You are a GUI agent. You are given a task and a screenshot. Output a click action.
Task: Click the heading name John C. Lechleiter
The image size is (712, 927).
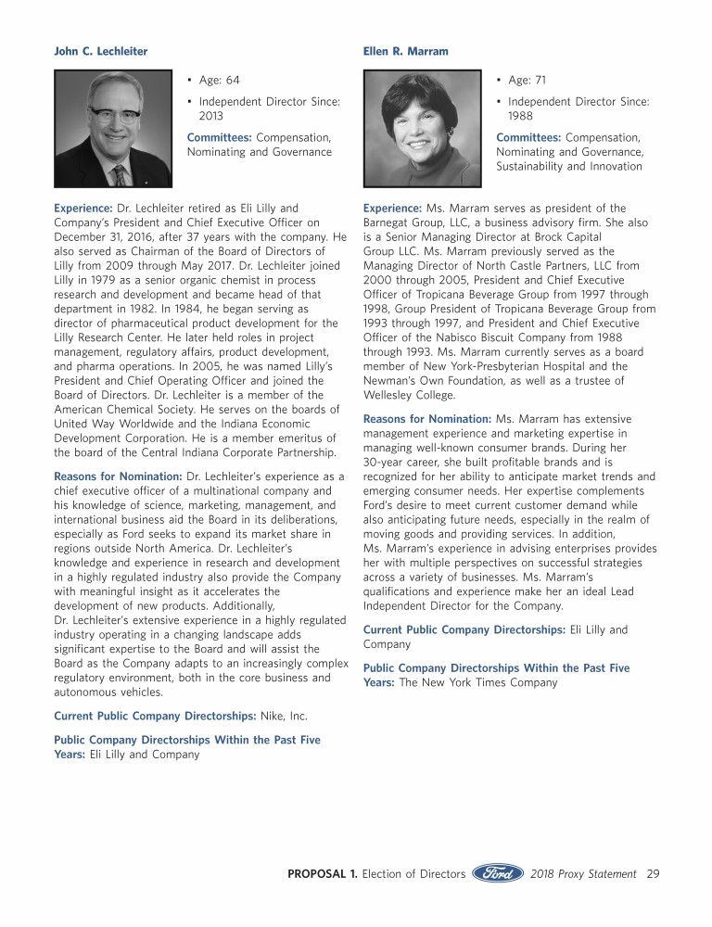pyautogui.click(x=100, y=52)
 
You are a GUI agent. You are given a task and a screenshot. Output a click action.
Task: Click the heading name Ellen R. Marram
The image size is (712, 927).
pyautogui.click(x=405, y=52)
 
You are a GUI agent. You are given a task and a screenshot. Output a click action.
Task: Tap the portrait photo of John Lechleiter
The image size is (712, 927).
pyautogui.click(x=113, y=129)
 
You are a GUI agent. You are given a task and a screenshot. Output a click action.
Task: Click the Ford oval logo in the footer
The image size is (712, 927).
pyautogui.click(x=498, y=873)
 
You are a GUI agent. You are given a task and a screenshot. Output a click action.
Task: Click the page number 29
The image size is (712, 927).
pyautogui.click(x=653, y=873)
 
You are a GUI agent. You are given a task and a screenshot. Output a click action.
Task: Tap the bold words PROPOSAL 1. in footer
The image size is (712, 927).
pyautogui.click(x=322, y=873)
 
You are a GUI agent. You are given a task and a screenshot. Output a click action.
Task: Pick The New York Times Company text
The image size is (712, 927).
pyautogui.click(x=478, y=682)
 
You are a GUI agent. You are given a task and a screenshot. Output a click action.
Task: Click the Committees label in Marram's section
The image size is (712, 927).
pyautogui.click(x=528, y=137)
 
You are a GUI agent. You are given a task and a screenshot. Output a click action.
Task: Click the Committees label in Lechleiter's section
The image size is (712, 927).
pyautogui.click(x=220, y=137)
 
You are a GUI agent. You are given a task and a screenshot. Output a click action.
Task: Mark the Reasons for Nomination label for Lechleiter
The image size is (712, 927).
pyautogui.click(x=118, y=476)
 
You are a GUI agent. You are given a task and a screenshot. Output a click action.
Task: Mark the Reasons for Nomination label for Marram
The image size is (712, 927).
pyautogui.click(x=427, y=419)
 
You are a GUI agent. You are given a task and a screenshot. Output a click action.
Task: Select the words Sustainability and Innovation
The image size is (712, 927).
pyautogui.click(x=568, y=166)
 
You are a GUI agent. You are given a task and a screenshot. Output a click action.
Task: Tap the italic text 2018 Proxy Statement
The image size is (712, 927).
pyautogui.click(x=584, y=873)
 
